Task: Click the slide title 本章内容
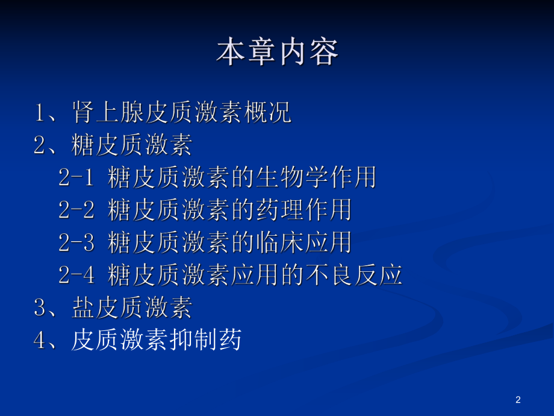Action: [277, 53]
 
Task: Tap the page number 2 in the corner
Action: [518, 400]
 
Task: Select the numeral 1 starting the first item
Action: [40, 113]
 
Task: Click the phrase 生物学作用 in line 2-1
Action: [316, 178]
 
